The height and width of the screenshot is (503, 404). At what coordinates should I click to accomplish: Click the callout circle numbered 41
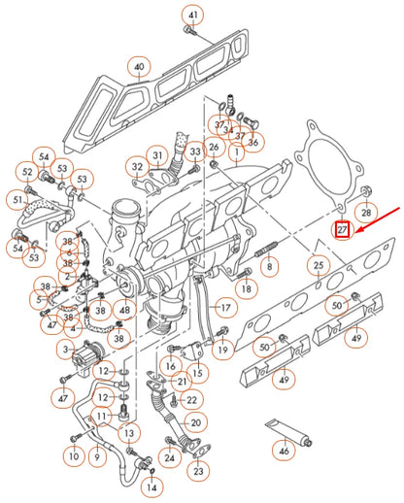point(192,16)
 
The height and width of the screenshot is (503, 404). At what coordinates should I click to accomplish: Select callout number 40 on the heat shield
point(140,67)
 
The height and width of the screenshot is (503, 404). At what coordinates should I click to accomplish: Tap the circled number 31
point(156,156)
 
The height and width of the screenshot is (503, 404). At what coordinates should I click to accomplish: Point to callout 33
point(195,151)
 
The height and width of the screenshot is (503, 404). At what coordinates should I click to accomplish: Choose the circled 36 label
point(253,143)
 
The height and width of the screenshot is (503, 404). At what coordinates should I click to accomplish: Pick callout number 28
point(365,212)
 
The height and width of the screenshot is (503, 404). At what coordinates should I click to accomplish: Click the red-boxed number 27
point(342,230)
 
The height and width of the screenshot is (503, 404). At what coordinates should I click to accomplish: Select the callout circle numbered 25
point(318,264)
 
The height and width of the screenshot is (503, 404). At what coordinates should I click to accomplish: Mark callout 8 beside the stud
point(269,264)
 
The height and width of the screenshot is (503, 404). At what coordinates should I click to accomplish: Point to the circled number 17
point(225,309)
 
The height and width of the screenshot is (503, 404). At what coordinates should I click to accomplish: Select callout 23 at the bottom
point(198,471)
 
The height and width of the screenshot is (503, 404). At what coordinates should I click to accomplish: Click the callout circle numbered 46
point(284,452)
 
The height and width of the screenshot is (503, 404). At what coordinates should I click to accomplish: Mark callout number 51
point(17,200)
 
